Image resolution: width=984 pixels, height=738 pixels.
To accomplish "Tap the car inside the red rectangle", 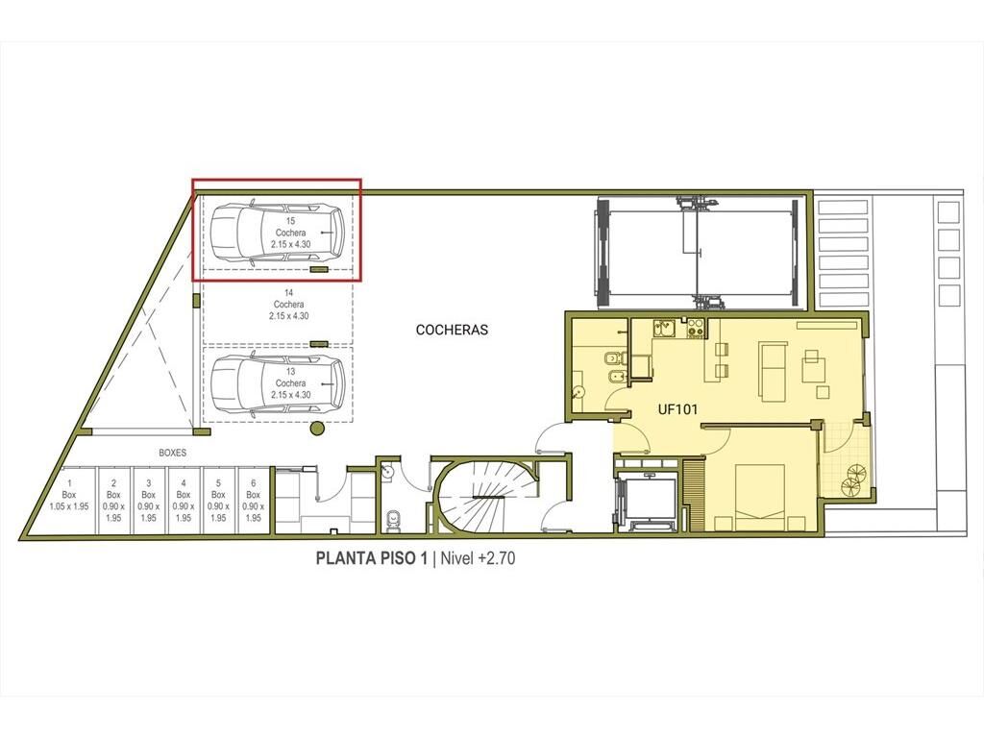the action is pos(277,233).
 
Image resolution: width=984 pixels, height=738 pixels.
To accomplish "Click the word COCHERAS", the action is pos(452,330).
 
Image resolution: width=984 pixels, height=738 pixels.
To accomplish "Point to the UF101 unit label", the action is pos(677,409).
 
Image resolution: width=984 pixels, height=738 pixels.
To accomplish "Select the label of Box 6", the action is pos(253,500).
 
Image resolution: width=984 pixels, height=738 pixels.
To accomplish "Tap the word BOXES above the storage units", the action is pos(172,453).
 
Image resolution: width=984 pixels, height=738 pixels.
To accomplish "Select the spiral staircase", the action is pos(483,497).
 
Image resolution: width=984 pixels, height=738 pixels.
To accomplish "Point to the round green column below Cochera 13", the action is pos(317,430).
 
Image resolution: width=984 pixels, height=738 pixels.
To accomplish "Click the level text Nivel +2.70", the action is pos(478,558).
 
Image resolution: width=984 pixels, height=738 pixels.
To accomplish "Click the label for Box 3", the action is pos(148,500).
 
